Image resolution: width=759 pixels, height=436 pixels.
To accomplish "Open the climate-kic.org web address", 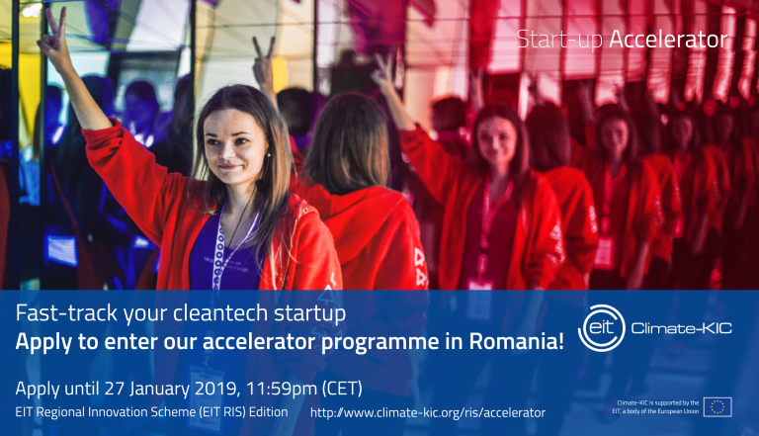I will [427, 411].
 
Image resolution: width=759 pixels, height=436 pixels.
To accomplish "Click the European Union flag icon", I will [717, 406].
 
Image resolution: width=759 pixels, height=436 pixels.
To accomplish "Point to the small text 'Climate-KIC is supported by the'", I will [657, 402].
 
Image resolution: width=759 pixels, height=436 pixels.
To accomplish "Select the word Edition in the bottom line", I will [267, 411].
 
